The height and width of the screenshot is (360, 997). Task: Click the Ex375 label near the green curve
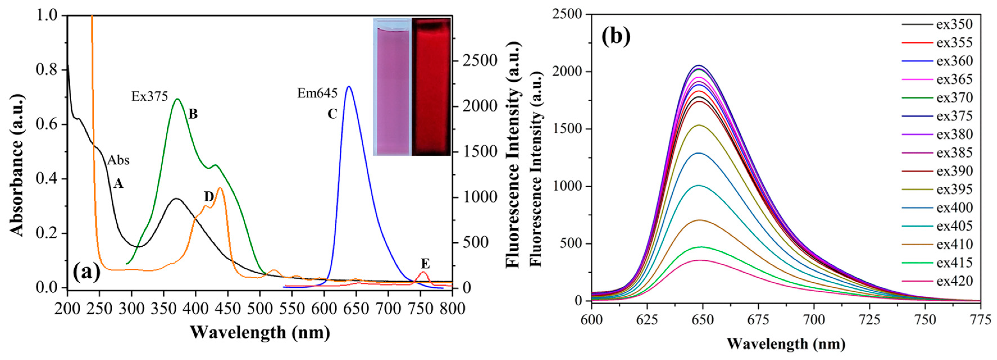[x=149, y=96]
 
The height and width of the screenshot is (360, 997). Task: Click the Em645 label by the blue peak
[x=317, y=93]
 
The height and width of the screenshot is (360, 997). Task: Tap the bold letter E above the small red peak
[x=425, y=264]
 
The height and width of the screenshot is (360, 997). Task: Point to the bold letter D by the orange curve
[x=209, y=197]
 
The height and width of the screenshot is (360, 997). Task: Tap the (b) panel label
[x=616, y=37]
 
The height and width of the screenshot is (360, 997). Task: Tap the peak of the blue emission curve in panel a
[x=349, y=86]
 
